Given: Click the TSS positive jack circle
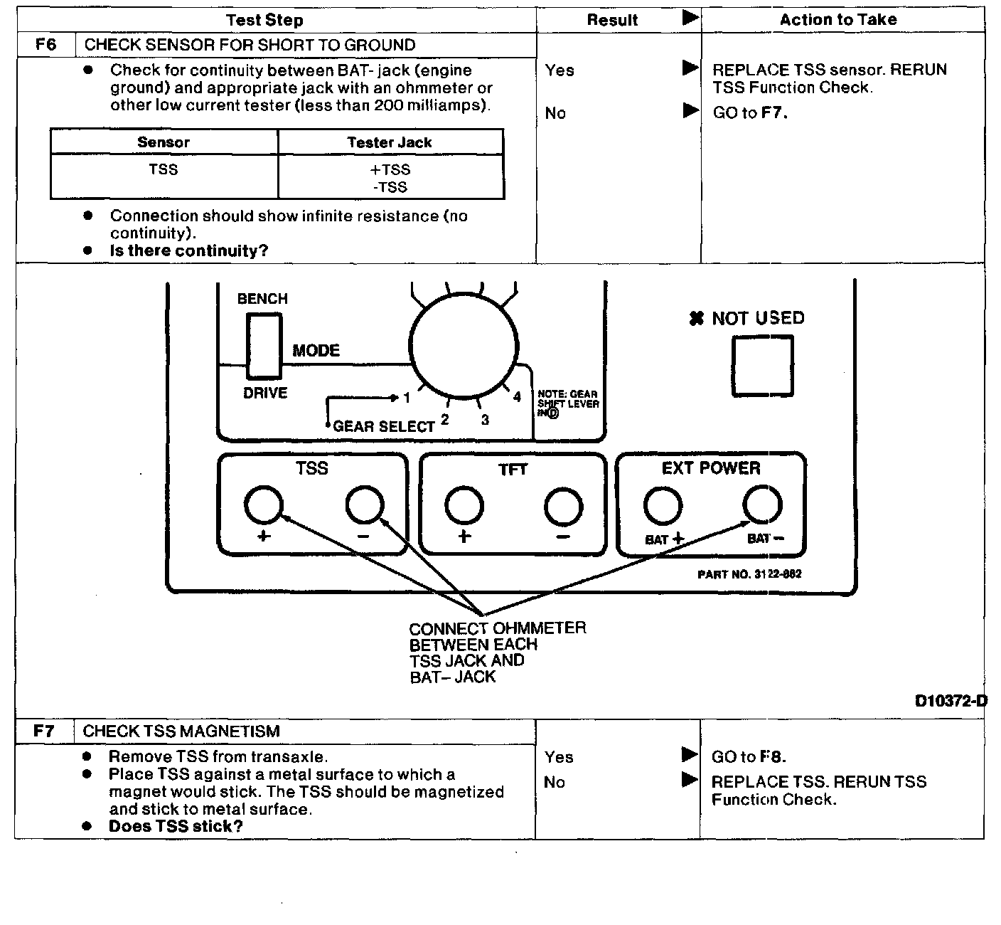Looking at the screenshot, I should [263, 505].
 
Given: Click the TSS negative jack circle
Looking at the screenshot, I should [365, 505].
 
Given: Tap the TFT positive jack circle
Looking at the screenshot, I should [464, 507].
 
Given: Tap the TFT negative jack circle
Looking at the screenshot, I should [563, 507].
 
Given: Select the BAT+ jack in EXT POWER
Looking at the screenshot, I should [663, 506].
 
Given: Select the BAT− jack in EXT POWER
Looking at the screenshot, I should [762, 504].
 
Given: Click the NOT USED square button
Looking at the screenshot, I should [762, 366].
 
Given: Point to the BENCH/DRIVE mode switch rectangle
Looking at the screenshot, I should [264, 346].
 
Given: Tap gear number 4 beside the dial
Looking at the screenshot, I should [517, 397].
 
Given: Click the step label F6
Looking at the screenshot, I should [45, 45].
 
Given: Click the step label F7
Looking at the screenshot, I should [44, 731].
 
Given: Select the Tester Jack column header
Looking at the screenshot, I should [390, 142].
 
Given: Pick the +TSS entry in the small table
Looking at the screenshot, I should [390, 169].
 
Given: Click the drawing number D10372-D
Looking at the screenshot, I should [951, 701].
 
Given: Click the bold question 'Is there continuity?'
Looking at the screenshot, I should [188, 250].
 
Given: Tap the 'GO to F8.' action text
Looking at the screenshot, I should [749, 756].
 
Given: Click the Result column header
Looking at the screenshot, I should [612, 20].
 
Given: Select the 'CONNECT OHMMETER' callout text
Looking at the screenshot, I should [498, 628].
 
